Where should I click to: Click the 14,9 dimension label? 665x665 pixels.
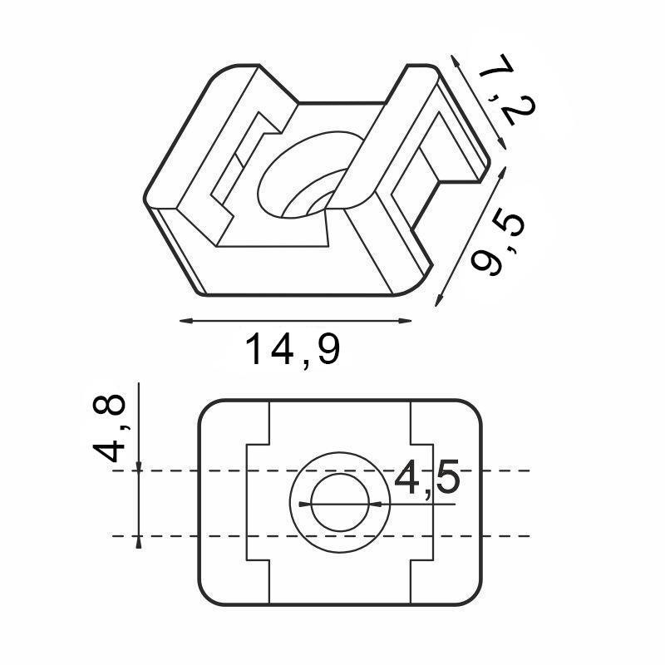point(293,351)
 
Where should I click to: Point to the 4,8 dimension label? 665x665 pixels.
point(111,428)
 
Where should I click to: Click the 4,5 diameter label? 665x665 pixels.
point(426,480)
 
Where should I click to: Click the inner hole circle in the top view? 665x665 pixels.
point(342,504)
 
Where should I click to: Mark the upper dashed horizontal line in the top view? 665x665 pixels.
point(499,470)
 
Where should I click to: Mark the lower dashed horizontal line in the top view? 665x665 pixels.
point(499,536)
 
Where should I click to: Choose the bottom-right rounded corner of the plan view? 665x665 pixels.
point(474,598)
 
